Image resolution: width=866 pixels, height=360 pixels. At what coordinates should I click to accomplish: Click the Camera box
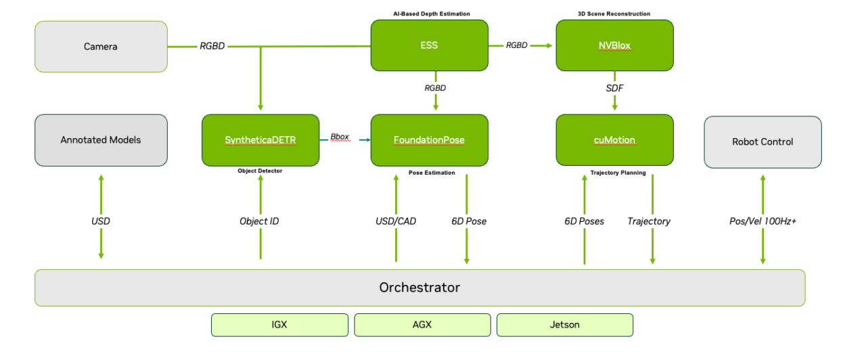coord(101,47)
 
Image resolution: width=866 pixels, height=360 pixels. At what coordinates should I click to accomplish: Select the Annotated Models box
coord(101,140)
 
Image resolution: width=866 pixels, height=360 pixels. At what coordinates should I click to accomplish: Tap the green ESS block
coord(429,45)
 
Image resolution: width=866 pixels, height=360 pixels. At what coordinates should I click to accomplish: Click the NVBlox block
coord(614,45)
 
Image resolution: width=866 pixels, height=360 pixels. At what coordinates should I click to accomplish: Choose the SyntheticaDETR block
coord(260,140)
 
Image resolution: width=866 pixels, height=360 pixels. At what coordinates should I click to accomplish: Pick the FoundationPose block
coord(429,140)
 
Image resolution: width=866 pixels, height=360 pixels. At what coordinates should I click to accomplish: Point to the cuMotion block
coord(614,140)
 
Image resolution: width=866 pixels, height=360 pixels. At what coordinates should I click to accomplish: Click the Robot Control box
coord(762,141)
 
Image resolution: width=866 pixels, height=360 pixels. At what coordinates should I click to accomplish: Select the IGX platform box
coord(279,325)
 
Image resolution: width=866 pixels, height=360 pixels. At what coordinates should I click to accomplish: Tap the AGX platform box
coord(422,325)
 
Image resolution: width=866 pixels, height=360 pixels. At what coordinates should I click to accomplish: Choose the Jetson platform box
coord(565,325)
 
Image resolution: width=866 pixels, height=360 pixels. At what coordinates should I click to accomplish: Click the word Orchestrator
coord(419,288)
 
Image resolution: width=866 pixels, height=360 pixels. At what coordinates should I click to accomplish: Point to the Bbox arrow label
coord(340,137)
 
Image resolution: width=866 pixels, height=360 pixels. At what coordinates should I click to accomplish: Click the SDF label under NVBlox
coord(614,88)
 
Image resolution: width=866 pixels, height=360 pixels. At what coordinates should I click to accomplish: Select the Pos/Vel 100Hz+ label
coord(762,221)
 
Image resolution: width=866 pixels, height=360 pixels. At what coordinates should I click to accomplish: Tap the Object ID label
coord(259,221)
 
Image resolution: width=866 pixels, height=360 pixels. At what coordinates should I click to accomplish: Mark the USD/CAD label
coord(396,221)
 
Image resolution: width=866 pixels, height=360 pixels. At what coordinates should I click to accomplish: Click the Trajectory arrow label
coord(649,221)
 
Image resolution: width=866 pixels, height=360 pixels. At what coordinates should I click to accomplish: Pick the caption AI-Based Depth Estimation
coord(431,14)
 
